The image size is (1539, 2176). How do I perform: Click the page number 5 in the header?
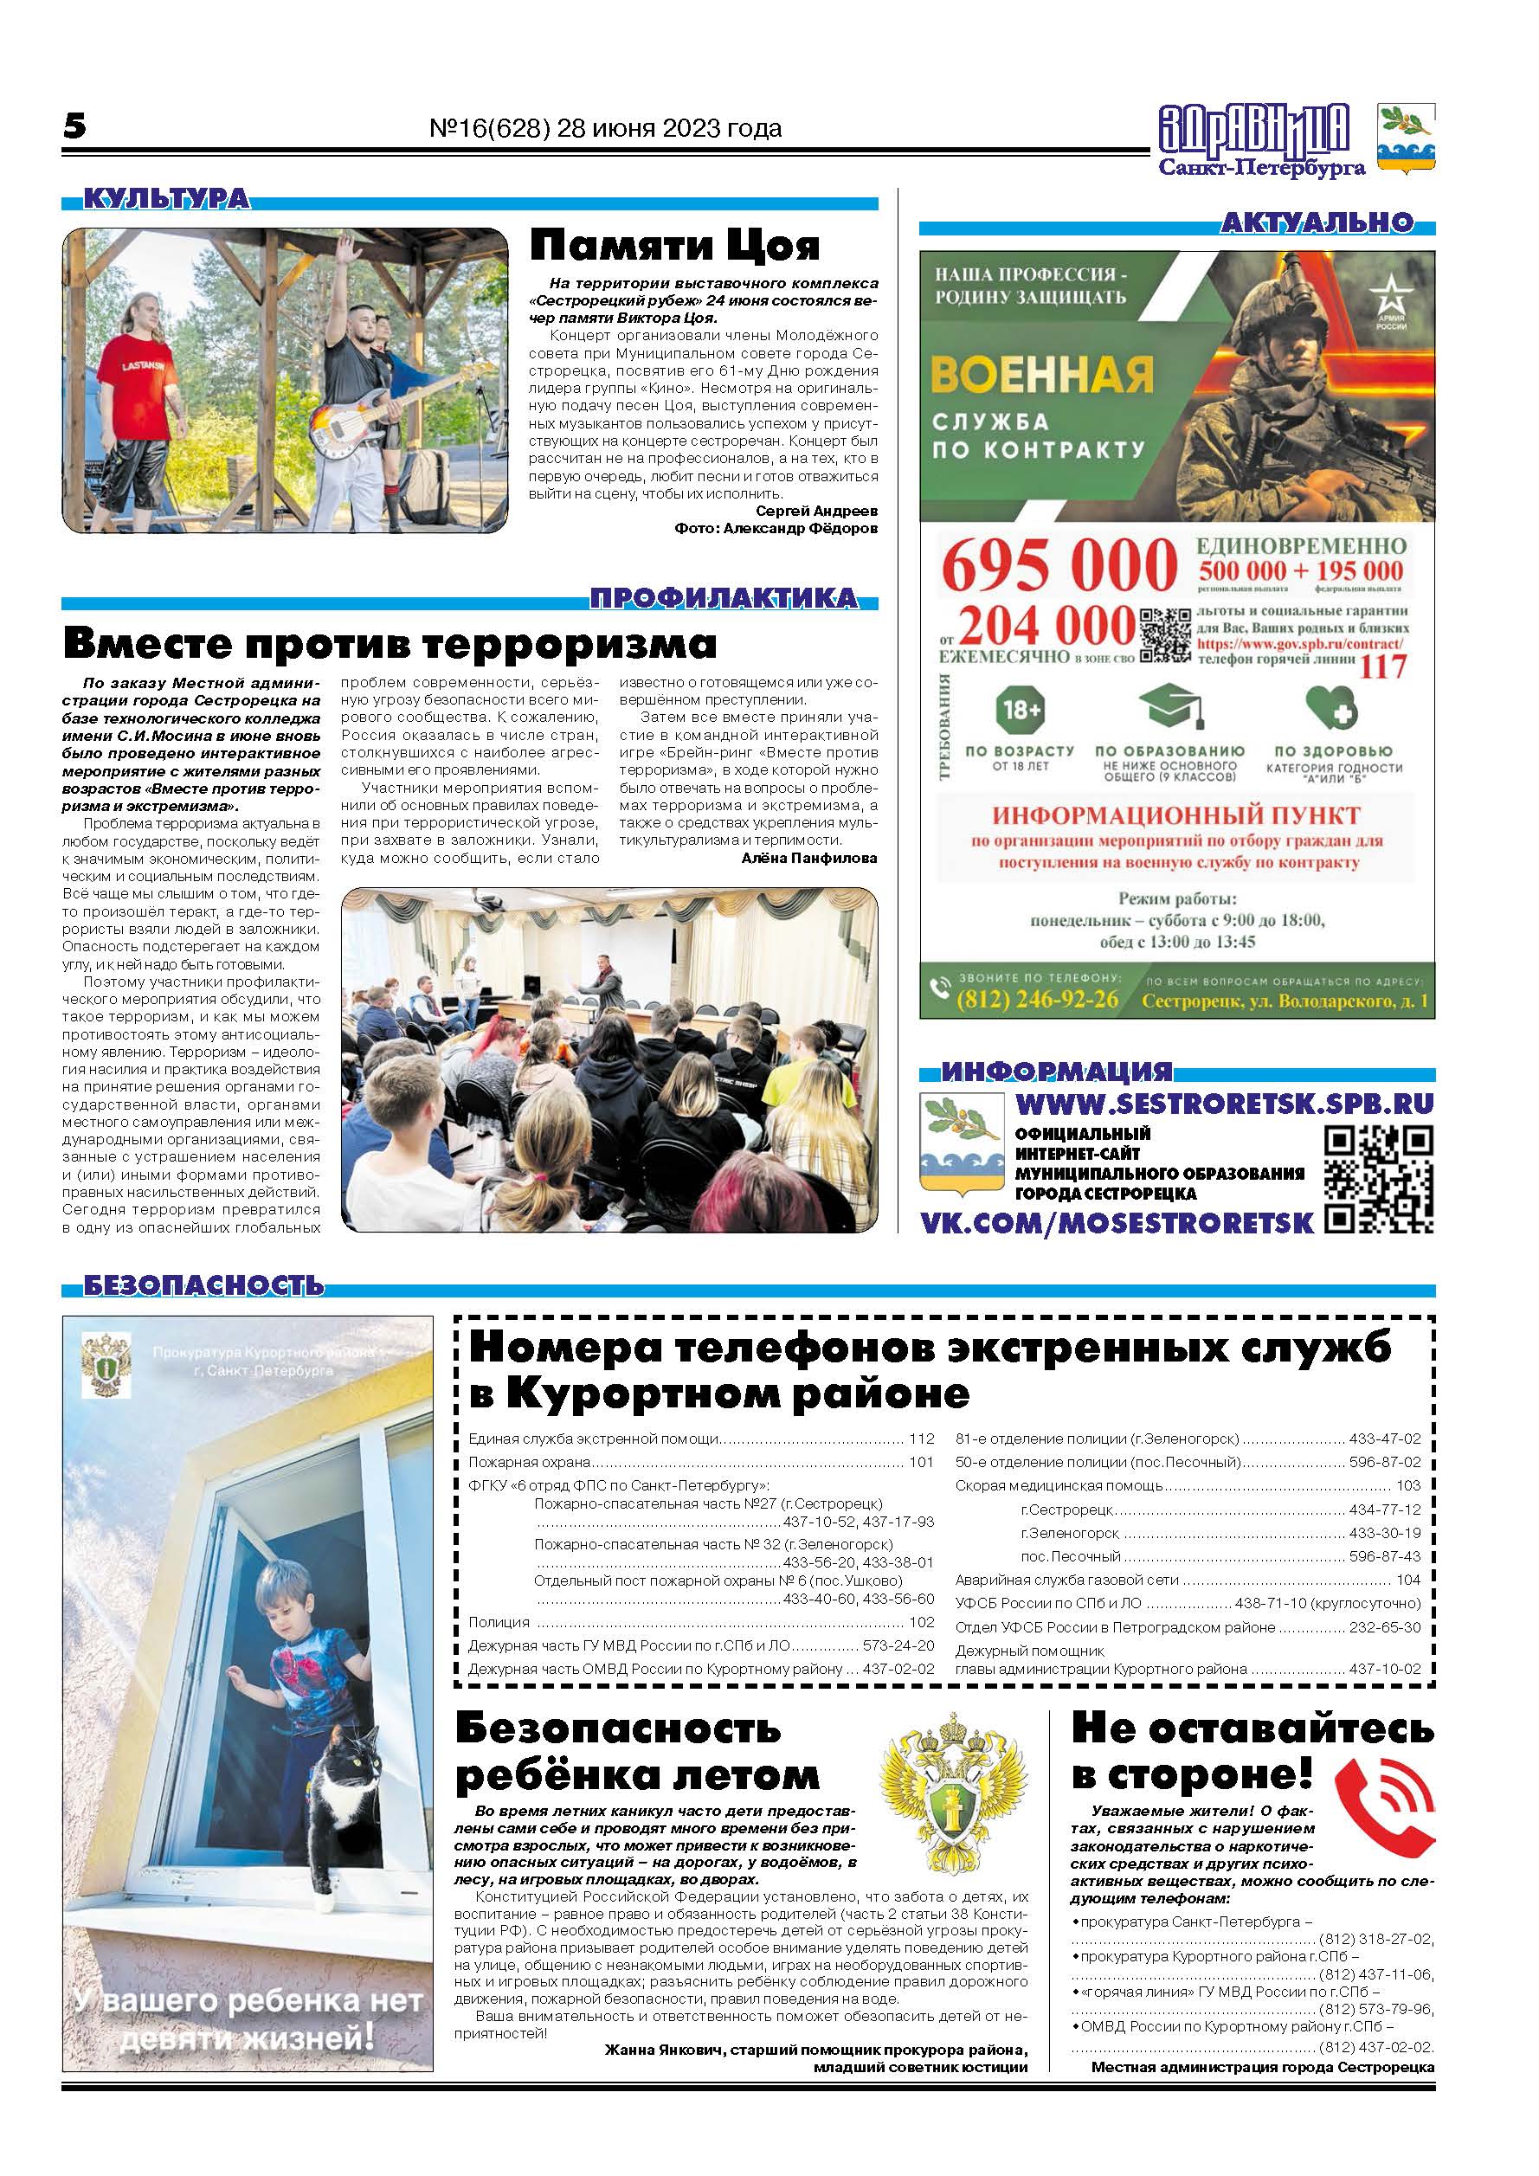[x=74, y=126]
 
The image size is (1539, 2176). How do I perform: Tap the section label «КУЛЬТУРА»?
[x=167, y=199]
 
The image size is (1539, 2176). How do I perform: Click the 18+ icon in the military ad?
[x=1020, y=709]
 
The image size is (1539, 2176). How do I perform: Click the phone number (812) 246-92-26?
[x=1037, y=1000]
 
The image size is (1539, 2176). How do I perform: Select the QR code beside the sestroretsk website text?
[x=1378, y=1179]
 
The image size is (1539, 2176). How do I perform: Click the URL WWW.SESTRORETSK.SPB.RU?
[x=1225, y=1104]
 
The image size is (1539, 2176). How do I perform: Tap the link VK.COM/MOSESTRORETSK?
[x=1117, y=1221]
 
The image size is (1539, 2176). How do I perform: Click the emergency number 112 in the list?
[x=921, y=1439]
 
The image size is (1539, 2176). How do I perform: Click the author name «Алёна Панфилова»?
[x=809, y=858]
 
